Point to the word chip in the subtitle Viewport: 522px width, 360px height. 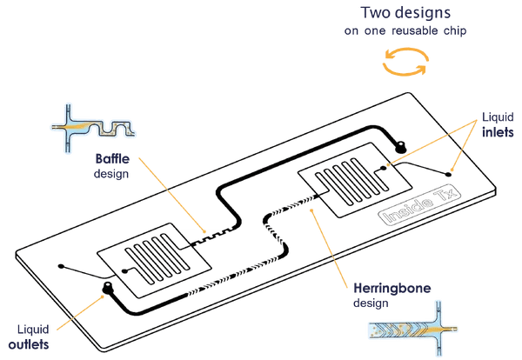point(462,32)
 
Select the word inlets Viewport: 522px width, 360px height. point(498,133)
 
